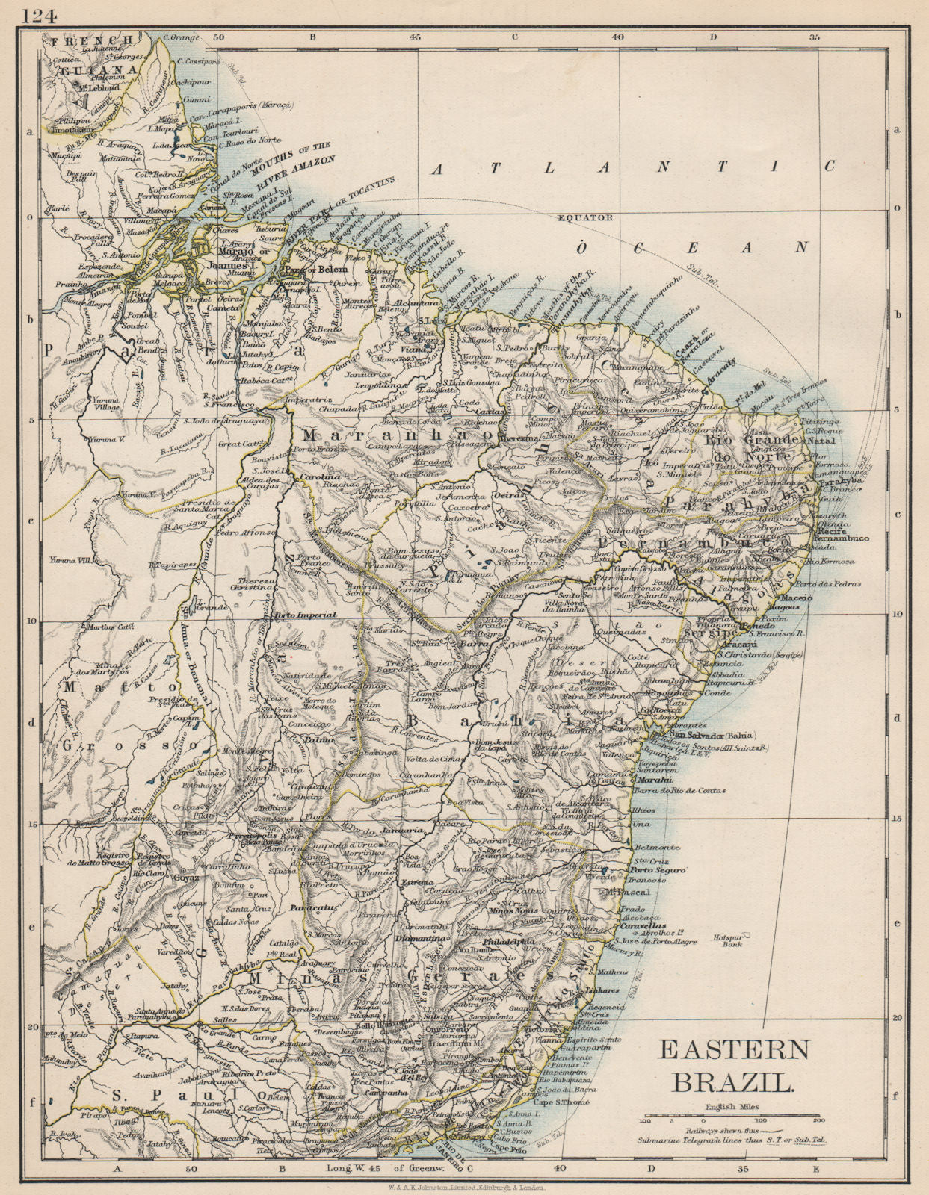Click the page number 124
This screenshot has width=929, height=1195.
(40, 16)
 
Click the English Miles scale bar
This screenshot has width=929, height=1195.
(729, 1118)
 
